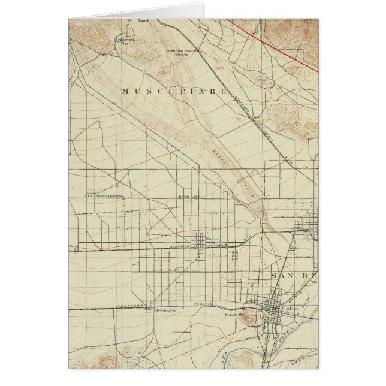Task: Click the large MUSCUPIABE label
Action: click(x=174, y=91)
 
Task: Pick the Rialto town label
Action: click(x=211, y=239)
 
